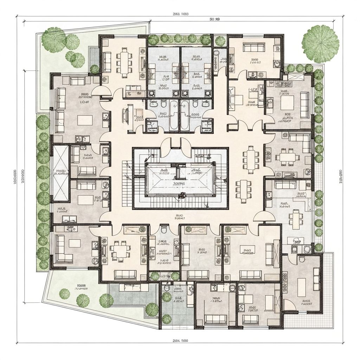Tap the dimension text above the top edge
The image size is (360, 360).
(181, 14)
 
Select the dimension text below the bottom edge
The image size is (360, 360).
(181, 341)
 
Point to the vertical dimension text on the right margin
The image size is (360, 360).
(341, 176)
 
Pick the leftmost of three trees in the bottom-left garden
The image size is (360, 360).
(64, 293)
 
